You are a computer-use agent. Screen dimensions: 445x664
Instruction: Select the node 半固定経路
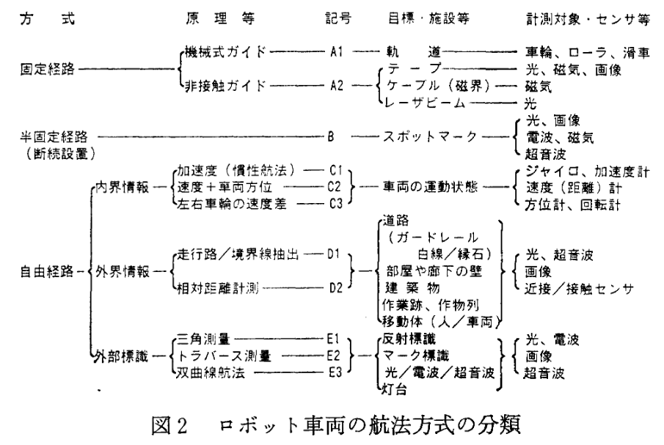pos(46,136)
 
